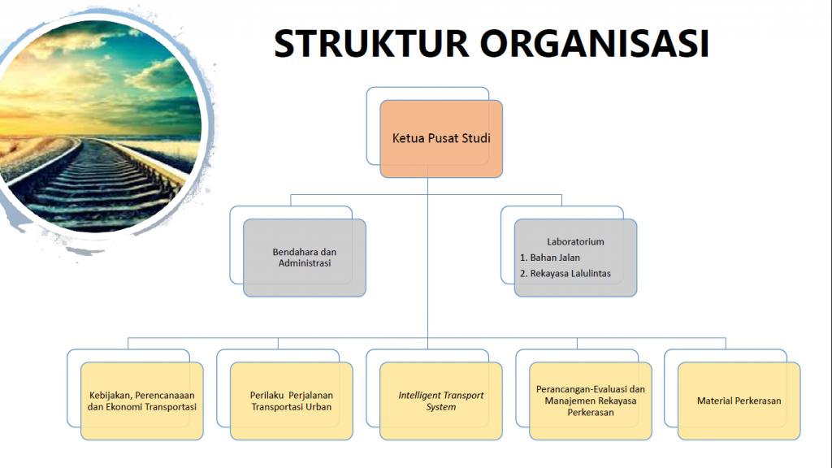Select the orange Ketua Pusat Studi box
(440, 138)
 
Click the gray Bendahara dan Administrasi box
(305, 258)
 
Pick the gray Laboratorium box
(575, 258)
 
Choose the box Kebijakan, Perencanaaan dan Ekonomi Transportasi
(142, 401)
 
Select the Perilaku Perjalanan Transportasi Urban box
(291, 401)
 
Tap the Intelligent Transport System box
(440, 401)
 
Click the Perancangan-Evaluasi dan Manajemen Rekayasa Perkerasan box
(591, 401)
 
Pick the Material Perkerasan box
(739, 401)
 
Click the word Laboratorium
(575, 242)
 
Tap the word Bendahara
(291, 252)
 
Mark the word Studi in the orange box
(476, 138)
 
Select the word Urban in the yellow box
(318, 407)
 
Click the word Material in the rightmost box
(714, 401)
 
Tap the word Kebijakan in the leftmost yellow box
(110, 396)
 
